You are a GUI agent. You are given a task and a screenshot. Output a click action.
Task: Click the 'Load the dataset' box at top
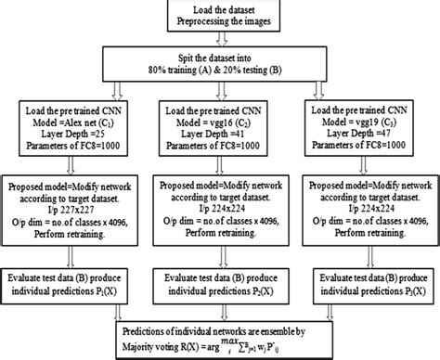point(220,17)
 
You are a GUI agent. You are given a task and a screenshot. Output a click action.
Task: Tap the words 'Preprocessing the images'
point(220,23)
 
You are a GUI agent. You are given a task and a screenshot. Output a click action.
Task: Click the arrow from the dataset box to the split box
point(220,41)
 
